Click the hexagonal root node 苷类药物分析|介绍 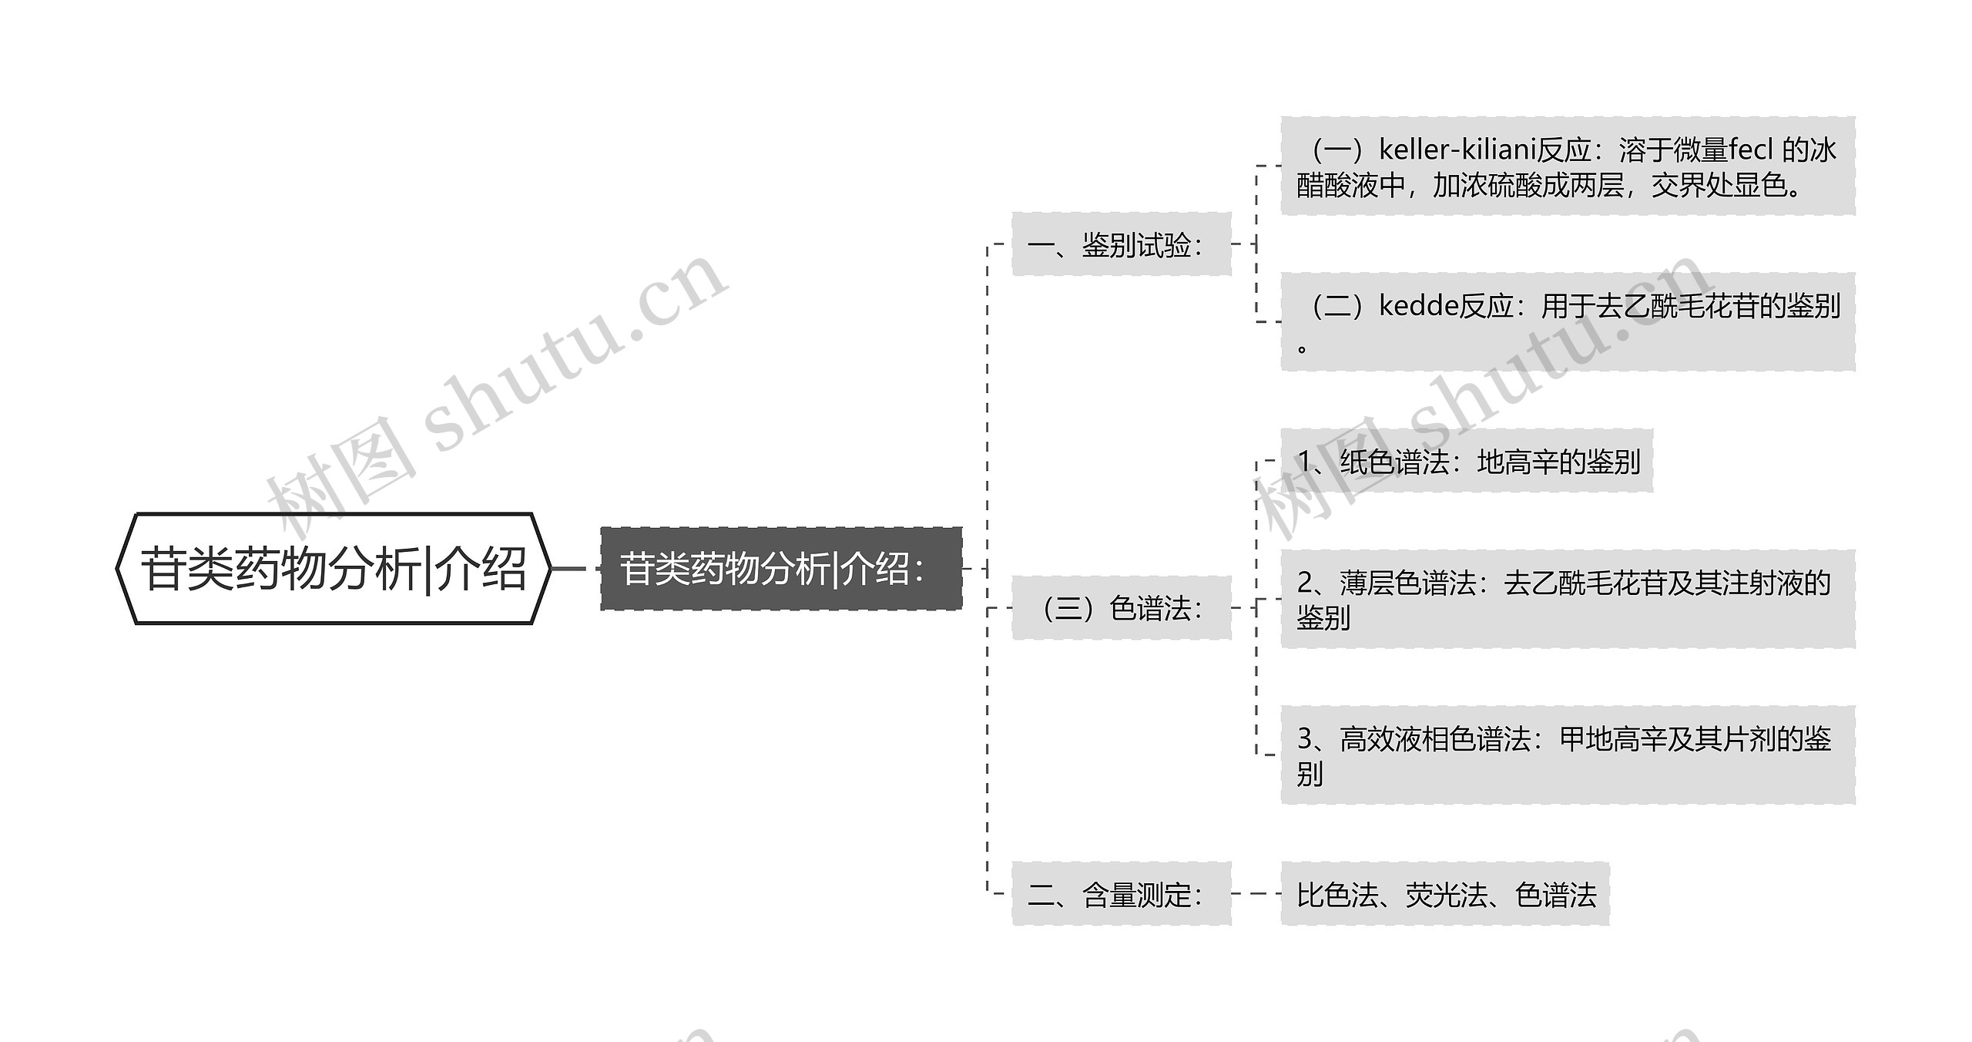coord(333,569)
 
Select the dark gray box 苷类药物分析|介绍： coord(780,569)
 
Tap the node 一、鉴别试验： coord(1121,244)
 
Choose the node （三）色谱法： coord(1121,608)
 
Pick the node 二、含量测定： coord(1121,894)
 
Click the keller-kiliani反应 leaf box coord(1568,166)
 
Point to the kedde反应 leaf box coord(1568,321)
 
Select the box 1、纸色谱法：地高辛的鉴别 coord(1467,461)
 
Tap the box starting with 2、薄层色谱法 coord(1568,599)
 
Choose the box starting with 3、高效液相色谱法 coord(1568,755)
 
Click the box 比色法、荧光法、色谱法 coord(1445,894)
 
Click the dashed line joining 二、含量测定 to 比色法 coord(1256,894)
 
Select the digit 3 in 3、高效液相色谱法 coord(1305,739)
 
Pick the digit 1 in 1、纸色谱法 coord(1305,462)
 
